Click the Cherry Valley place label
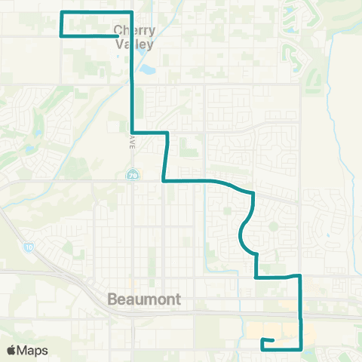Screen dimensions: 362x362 pos(134,38)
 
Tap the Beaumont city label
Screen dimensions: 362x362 pos(144,299)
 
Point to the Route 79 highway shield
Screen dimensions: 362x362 pos(131,175)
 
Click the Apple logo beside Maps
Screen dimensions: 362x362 pos(11,351)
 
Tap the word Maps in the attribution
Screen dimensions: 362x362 pos(33,351)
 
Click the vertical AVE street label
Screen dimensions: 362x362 pos(130,143)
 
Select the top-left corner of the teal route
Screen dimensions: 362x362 pos(61,13)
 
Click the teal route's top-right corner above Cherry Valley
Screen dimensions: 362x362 pos(133,13)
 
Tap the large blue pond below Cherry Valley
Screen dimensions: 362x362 pos(147,72)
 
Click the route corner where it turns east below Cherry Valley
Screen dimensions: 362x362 pos(133,132)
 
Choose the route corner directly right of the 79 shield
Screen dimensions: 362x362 pos(164,180)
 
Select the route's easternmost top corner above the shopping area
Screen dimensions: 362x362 pos(301,277)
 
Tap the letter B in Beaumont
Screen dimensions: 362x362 pos(112,299)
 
